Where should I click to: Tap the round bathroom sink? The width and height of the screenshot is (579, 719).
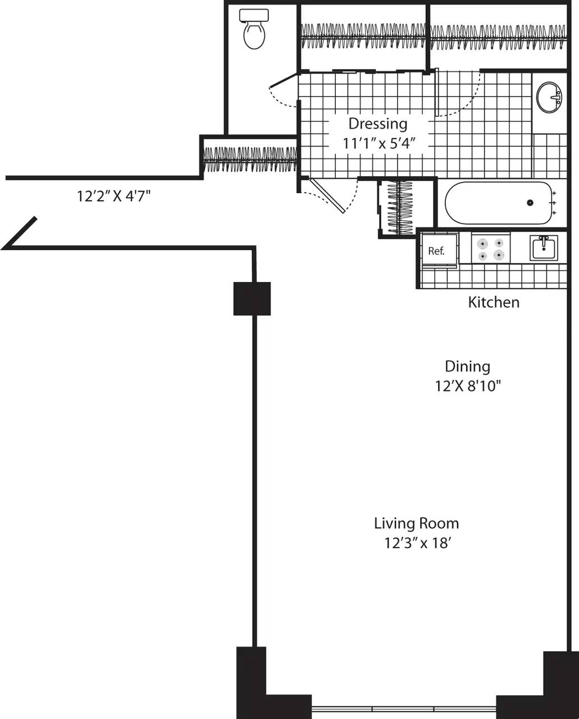[x=549, y=97]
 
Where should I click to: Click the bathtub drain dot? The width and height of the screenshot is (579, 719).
[x=530, y=203]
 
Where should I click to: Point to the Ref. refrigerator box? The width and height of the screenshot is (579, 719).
[x=437, y=250]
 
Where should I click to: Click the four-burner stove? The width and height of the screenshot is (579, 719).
[x=490, y=249]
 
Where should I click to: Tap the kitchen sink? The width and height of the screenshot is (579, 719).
[x=544, y=248]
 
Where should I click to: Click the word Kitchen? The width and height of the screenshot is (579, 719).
[x=494, y=302]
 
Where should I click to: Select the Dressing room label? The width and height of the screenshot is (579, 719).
[x=378, y=124]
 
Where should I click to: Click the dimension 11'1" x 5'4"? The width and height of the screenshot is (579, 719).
[x=379, y=143]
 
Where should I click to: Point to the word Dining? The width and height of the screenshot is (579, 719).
[x=467, y=367]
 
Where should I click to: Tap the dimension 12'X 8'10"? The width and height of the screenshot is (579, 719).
[x=468, y=386]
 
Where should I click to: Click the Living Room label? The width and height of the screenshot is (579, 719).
[x=416, y=524]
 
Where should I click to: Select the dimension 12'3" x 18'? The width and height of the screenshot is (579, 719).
[x=416, y=543]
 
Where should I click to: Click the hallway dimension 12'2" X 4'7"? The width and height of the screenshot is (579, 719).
[x=114, y=196]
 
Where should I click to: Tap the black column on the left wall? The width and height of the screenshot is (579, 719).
[x=252, y=298]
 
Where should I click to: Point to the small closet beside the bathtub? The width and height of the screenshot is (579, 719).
[x=400, y=207]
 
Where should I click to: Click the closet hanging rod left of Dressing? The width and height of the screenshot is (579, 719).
[x=250, y=159]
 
